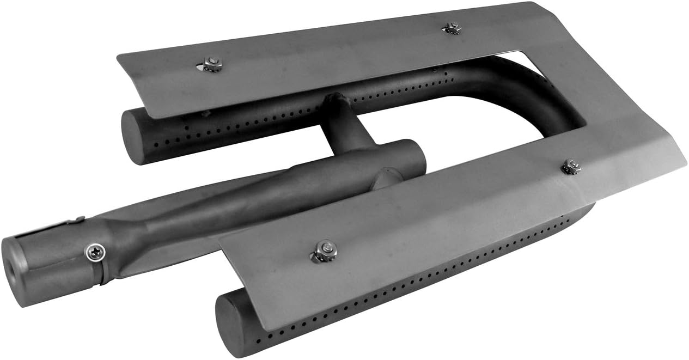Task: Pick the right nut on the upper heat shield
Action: click(x=452, y=27)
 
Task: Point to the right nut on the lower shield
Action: click(x=570, y=167)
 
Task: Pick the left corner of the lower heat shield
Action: click(x=221, y=240)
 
